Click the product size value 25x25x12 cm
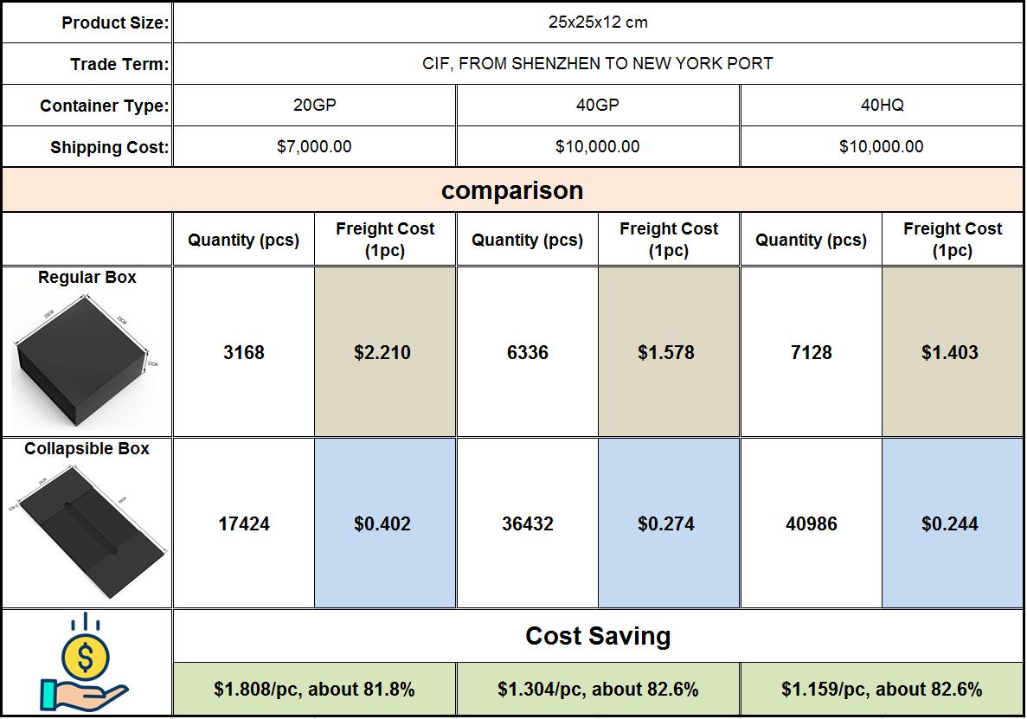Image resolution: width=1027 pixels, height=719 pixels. coord(597,22)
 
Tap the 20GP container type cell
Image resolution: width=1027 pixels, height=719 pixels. coord(314,106)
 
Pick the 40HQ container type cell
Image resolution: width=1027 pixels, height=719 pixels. coord(882,106)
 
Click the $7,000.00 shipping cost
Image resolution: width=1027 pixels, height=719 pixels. coord(314,147)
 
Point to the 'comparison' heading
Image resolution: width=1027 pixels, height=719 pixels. coord(512,190)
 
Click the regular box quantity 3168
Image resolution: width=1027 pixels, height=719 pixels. coord(244,353)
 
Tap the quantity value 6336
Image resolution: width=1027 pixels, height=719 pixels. coord(528,353)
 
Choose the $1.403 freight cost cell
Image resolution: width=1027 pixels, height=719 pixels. coord(950,353)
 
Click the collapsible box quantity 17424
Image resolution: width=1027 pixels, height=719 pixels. coord(244,524)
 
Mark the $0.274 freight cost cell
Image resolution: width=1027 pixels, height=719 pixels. coord(666,524)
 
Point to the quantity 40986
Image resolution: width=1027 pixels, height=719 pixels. coord(812,524)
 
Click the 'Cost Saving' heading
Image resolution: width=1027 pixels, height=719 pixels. coord(598,637)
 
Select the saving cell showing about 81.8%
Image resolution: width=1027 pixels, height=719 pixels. coord(314,690)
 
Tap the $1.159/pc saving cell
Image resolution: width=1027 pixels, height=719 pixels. coord(882,690)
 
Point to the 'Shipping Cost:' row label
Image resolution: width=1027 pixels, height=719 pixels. coord(109,148)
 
